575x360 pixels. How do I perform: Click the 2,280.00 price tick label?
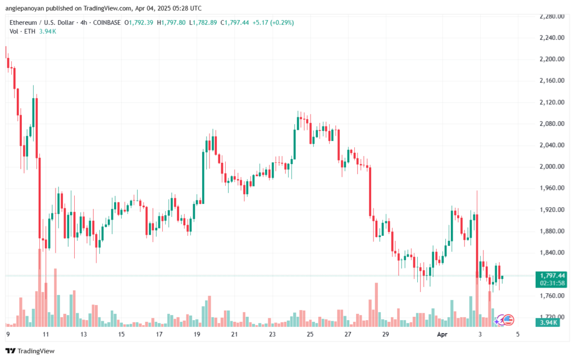(550, 16)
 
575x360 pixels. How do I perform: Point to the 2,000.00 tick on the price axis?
(550, 167)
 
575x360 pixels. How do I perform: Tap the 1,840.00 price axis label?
(550, 253)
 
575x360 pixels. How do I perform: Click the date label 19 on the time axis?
(197, 334)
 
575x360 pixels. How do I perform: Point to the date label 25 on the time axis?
(310, 334)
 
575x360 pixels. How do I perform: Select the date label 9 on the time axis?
(8, 334)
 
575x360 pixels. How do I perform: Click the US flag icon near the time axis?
(509, 320)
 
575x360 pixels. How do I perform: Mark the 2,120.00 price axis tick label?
(550, 102)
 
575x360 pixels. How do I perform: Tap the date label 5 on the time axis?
(517, 334)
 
